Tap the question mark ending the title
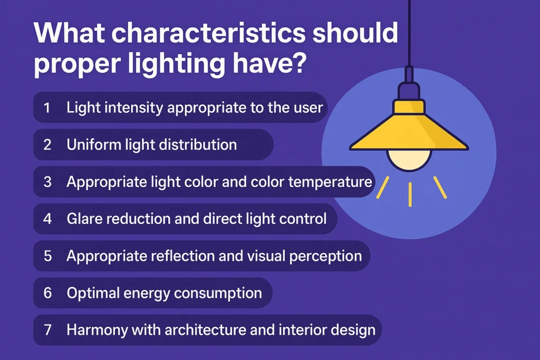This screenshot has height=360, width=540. point(299,61)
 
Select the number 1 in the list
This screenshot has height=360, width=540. point(47,108)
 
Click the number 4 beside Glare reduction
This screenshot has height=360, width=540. point(47,219)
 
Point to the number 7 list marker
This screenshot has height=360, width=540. point(47,330)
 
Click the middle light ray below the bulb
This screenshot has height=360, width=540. point(410,194)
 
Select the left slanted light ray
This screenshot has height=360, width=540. point(383,188)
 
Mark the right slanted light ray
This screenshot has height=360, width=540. point(440,188)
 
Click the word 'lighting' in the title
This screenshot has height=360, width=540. point(176,63)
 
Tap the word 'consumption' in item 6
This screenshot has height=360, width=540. point(218,294)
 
